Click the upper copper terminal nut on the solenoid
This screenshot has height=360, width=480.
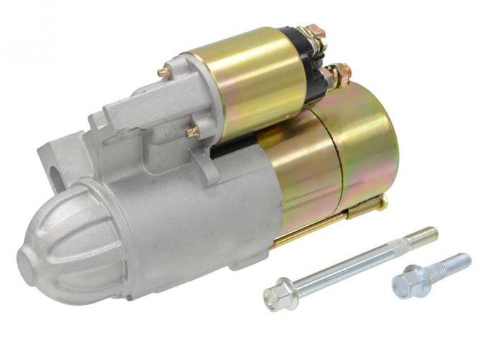point(315,35)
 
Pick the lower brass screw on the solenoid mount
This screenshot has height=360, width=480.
point(193,131)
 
